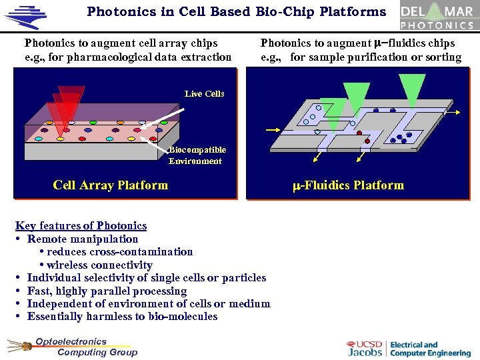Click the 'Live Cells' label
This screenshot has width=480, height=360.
205,94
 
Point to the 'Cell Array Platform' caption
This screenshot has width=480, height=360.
111,185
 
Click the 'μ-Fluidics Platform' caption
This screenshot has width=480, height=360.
349,185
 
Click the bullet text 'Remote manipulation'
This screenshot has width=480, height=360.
83,239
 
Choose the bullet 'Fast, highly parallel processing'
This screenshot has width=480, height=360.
107,291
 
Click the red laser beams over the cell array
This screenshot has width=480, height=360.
67,107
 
